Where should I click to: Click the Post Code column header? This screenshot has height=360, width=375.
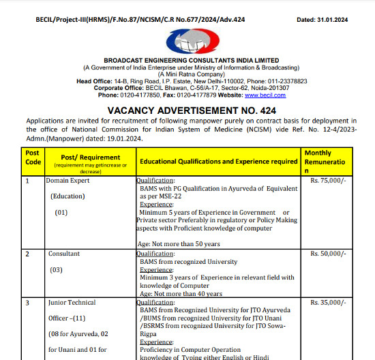pos(33,162)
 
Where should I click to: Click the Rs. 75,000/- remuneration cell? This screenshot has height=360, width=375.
pos(329,181)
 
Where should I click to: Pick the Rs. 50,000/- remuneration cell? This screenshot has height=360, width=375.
pos(329,254)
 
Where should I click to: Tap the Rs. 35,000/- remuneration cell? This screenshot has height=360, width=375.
pos(329,302)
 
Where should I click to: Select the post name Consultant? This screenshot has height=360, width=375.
pos(64,254)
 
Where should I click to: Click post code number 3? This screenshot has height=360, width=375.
pos(27,302)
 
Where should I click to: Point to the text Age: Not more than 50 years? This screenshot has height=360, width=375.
pos(179,243)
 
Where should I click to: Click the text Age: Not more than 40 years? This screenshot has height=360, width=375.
pos(180,294)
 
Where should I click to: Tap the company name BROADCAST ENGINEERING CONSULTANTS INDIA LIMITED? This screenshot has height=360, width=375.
pos(191,61)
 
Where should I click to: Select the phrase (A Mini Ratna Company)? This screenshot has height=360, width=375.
pos(191,74)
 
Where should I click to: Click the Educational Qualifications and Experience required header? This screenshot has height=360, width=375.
pos(218,162)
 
